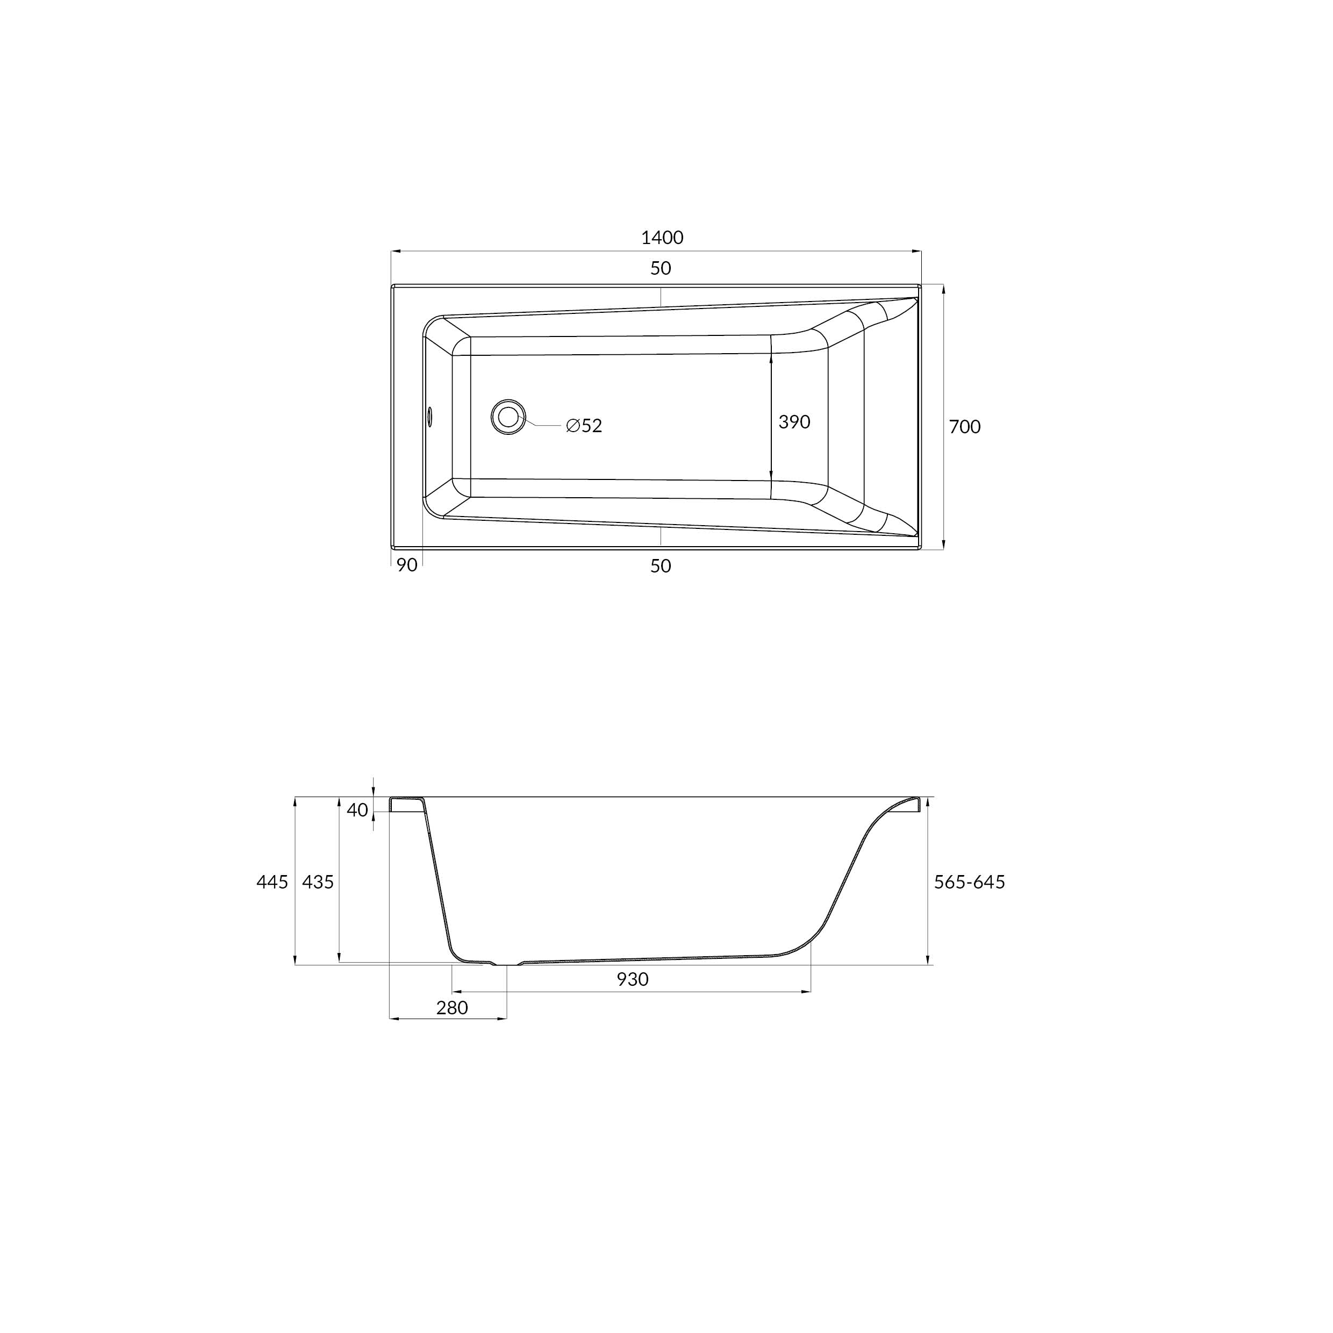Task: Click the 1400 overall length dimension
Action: pos(662,238)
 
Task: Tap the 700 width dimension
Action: pos(965,427)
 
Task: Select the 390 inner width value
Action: pos(794,421)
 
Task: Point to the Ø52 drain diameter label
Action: pos(584,426)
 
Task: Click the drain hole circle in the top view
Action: pos(508,417)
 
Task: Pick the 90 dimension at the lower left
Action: pos(407,565)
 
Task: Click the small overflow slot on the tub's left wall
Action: pos(429,416)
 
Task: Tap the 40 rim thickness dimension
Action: pos(357,810)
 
